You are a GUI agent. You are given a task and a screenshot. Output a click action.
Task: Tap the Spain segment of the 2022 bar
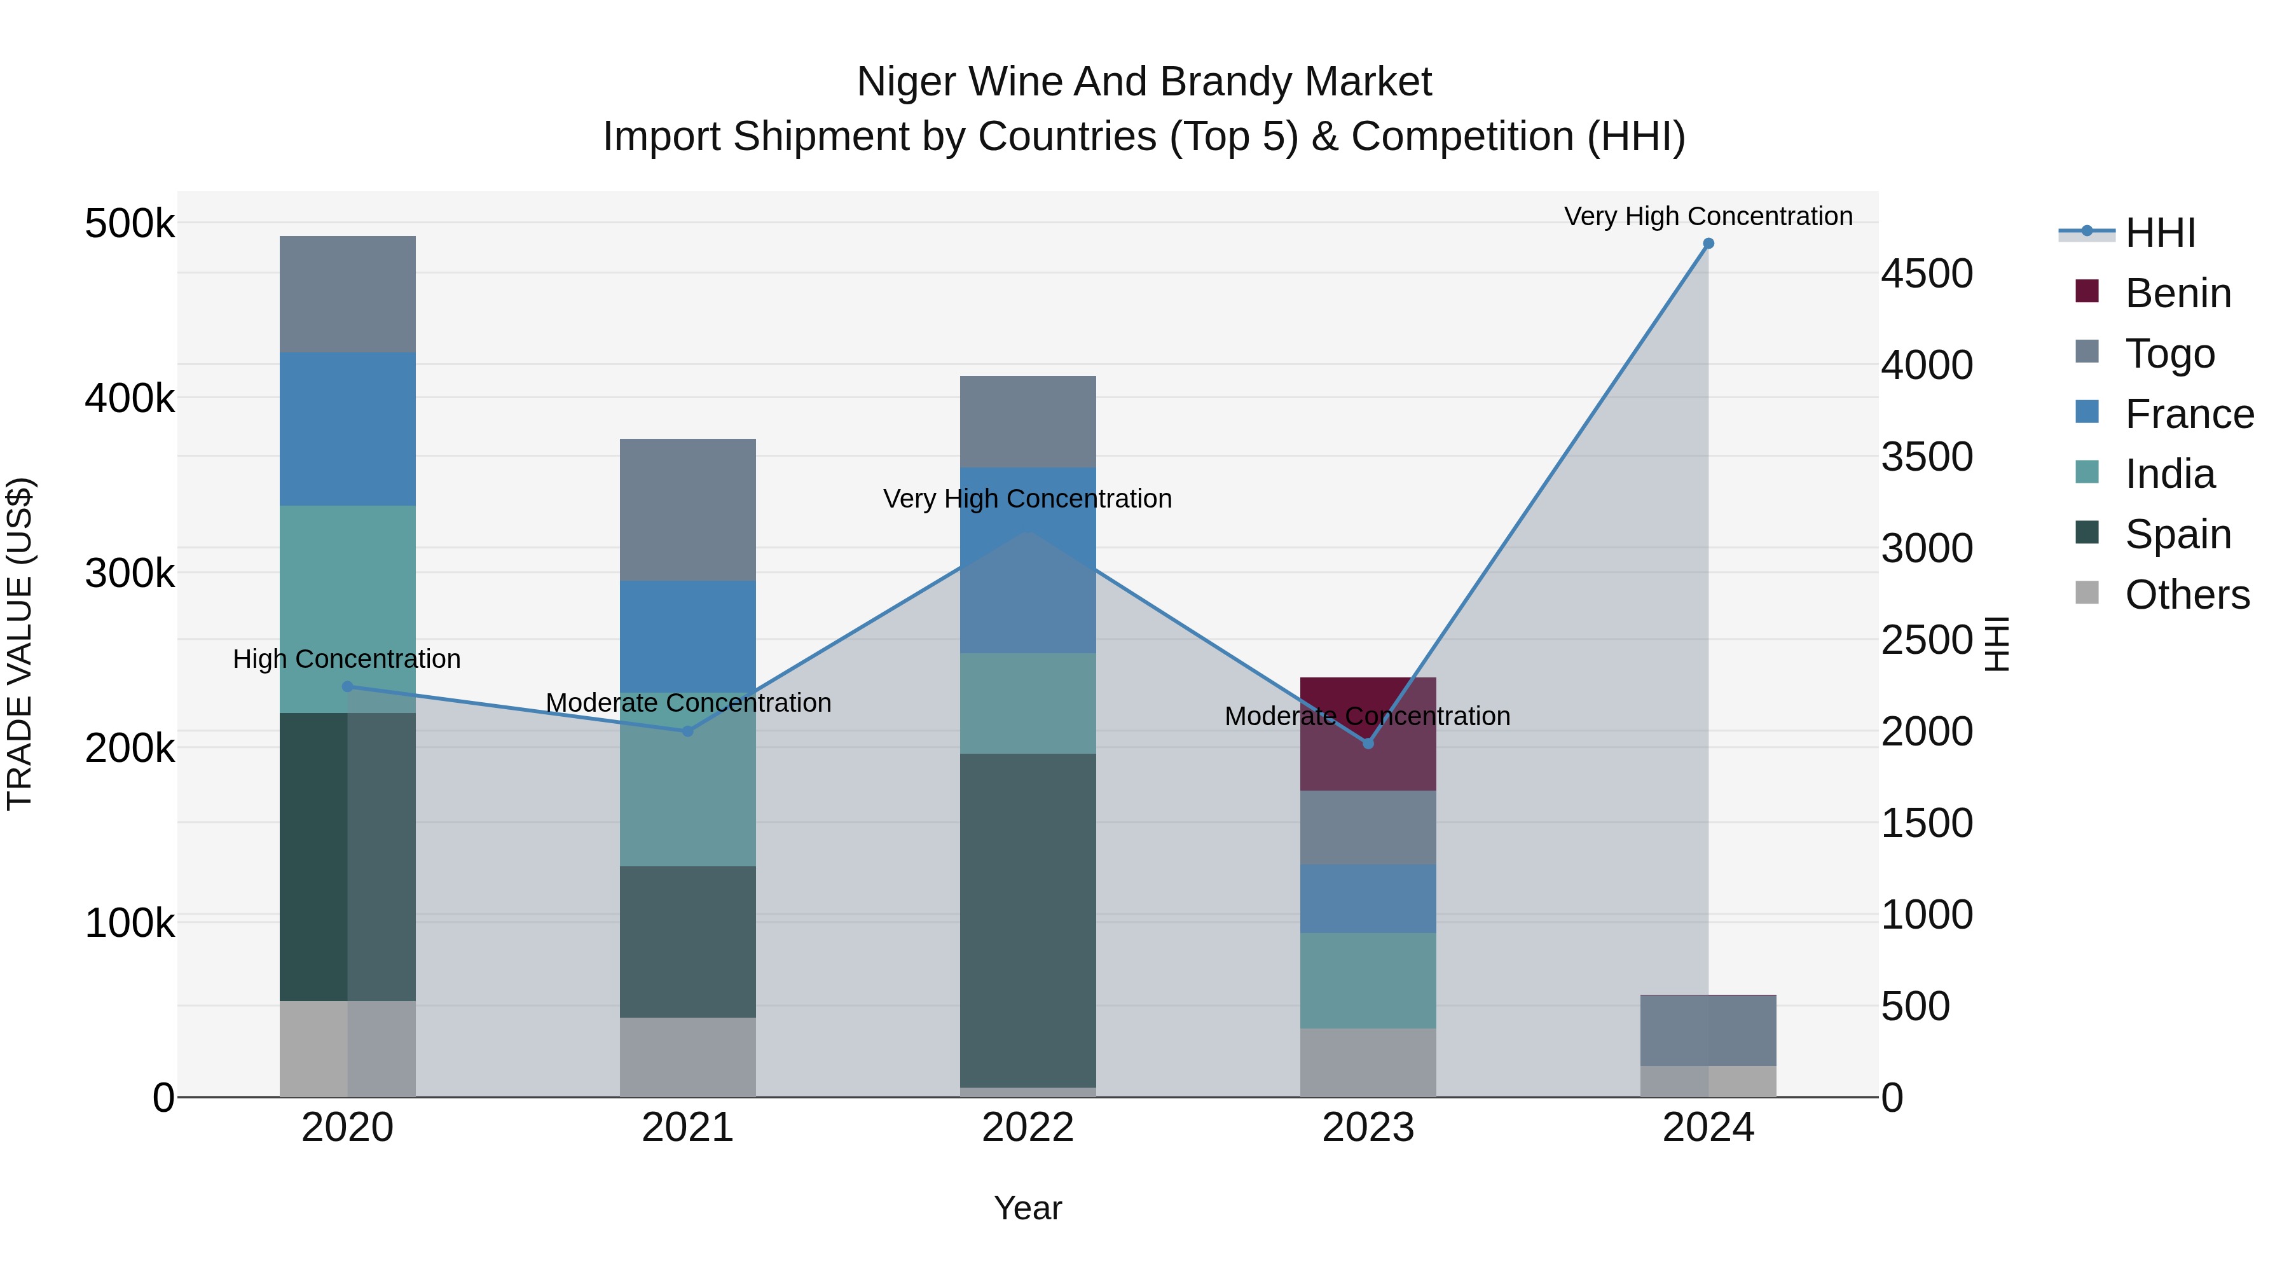coord(1028,920)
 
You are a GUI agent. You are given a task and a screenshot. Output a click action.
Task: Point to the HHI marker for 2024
coord(1708,244)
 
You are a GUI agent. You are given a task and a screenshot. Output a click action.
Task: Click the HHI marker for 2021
coord(687,731)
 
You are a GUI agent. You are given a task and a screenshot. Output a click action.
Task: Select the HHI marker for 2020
coord(347,686)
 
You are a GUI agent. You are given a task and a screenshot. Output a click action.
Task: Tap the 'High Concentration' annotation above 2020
coord(347,659)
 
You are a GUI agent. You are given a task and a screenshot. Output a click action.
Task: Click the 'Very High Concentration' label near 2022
coord(1028,499)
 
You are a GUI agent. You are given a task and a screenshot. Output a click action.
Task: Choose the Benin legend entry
coord(2177,293)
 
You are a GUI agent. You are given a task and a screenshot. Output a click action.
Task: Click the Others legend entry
coord(2186,595)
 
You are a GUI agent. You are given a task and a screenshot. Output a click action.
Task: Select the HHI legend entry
coord(2159,233)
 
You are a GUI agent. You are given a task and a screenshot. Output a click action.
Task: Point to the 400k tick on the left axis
coord(130,398)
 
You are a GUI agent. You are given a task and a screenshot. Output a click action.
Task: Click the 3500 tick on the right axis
coord(1927,457)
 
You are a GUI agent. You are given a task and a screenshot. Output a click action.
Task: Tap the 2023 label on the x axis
coord(1368,1128)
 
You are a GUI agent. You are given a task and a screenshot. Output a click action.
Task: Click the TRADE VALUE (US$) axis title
coord(20,644)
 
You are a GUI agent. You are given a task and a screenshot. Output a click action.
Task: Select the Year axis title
coord(1028,1208)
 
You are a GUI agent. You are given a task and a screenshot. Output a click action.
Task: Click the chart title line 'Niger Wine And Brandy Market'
coord(1144,82)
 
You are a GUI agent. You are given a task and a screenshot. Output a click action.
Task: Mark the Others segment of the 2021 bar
coord(687,1057)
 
